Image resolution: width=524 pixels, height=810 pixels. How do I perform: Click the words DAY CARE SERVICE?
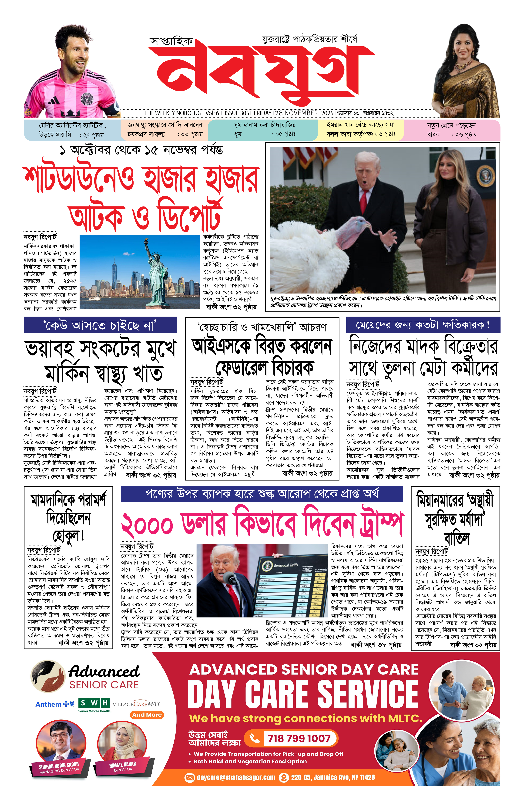coord(303,694)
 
